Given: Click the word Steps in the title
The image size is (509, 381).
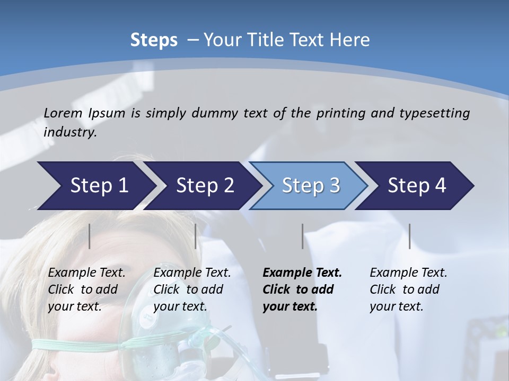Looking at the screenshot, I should pyautogui.click(x=154, y=40).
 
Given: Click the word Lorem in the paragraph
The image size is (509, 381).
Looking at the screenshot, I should pyautogui.click(x=63, y=113).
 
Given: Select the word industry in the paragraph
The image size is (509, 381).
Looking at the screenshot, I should pyautogui.click(x=69, y=132).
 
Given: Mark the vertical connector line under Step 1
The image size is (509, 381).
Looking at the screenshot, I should pyautogui.click(x=90, y=236).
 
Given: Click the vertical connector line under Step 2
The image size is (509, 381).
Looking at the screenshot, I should pyautogui.click(x=196, y=236).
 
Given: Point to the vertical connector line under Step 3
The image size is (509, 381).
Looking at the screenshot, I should pyautogui.click(x=302, y=236).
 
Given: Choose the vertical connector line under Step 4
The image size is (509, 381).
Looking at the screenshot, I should pyautogui.click(x=410, y=236).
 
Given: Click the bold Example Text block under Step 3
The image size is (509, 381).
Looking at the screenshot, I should pyautogui.click(x=302, y=289).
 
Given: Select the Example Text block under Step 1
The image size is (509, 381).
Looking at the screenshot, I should pyautogui.click(x=86, y=289).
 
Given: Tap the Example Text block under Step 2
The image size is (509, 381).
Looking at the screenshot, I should pyautogui.click(x=192, y=289).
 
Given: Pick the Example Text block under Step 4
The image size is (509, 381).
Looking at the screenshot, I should pyautogui.click(x=408, y=289).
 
